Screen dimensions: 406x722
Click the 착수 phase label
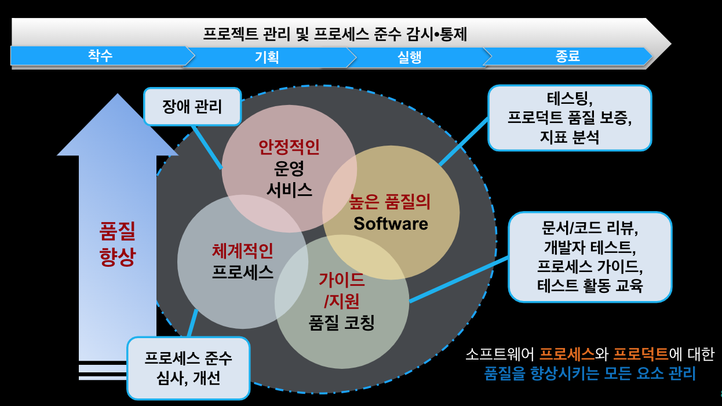tap(100, 56)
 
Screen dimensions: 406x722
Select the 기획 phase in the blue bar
tap(267, 57)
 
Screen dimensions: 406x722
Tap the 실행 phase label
tap(409, 57)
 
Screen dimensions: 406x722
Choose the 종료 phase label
tap(568, 56)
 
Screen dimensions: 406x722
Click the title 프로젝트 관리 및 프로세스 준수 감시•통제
tap(335, 34)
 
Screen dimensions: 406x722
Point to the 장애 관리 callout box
tap(192, 107)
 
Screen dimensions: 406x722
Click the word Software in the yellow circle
tap(391, 223)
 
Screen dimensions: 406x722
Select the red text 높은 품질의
tap(390, 202)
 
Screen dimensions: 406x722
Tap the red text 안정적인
tap(289, 147)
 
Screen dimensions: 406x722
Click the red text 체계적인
tap(242, 251)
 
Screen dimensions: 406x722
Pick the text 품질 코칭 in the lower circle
tap(342, 322)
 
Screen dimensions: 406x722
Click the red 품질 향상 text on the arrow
tap(118, 245)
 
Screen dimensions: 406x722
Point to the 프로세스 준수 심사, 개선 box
tap(188, 368)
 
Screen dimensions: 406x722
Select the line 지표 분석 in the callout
tap(569, 137)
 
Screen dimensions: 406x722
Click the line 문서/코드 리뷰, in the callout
tap(590, 228)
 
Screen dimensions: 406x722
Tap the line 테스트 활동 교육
tap(590, 286)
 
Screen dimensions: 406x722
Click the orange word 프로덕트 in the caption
tap(640, 353)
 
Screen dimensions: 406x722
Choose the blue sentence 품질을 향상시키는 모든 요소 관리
tap(590, 373)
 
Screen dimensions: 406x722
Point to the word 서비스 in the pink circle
tap(289, 189)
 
